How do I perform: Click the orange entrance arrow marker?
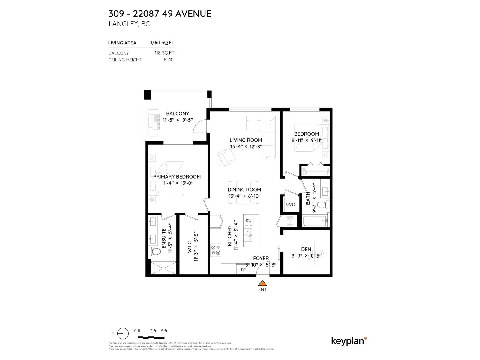[x=262, y=283]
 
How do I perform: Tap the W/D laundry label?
[x=290, y=205]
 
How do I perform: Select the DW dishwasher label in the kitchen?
[x=249, y=220]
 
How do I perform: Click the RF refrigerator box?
[x=243, y=270]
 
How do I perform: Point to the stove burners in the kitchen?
[x=215, y=250]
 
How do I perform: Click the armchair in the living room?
[x=226, y=157]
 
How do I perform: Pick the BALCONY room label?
[x=178, y=113]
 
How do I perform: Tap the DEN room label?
[x=306, y=249]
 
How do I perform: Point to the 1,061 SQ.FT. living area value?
[x=163, y=43]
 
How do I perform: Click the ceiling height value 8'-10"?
[x=169, y=60]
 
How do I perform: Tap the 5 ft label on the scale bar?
[x=164, y=331]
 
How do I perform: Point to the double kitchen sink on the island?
[x=248, y=235]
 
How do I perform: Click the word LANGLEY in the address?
[x=123, y=24]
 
